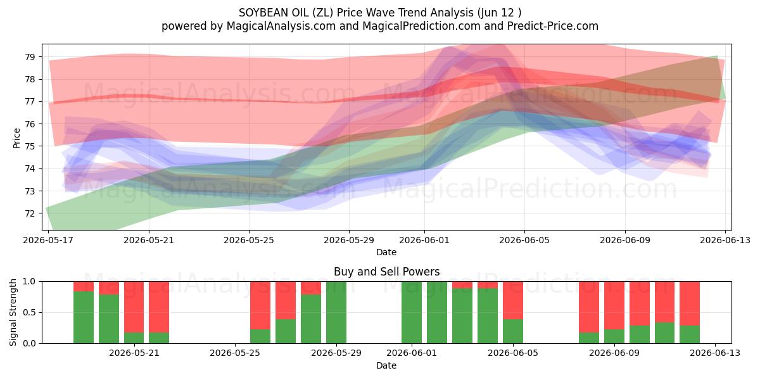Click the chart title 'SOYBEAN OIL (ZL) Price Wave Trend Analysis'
356,13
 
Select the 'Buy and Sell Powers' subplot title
386,272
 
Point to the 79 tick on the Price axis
30,57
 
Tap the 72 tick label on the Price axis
30,213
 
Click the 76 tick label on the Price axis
30,124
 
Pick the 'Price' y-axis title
16,138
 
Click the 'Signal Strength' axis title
13,312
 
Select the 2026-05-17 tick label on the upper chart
48,240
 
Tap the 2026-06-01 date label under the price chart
424,240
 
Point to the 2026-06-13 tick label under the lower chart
715,353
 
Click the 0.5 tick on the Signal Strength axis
29,312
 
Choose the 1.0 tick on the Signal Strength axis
29,281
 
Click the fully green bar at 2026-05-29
336,312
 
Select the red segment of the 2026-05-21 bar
134,307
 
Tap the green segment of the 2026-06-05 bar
513,331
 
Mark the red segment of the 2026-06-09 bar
614,305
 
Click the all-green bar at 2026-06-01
412,312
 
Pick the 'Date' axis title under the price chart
386,252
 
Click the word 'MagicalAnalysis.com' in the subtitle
281,26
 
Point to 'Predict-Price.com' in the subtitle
553,26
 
